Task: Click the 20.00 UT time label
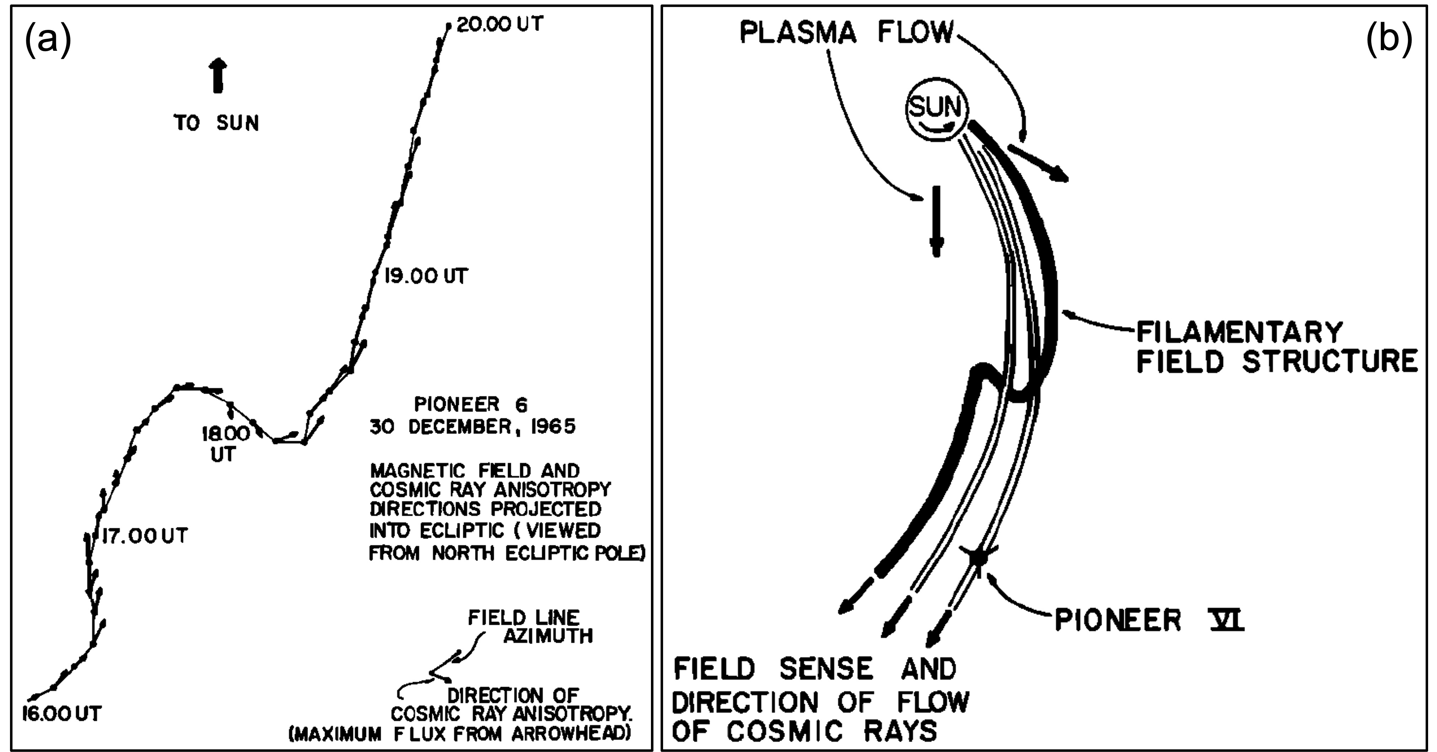tap(499, 24)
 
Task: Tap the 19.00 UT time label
tap(426, 276)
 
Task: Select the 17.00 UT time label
tap(144, 536)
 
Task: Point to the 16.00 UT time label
tap(62, 714)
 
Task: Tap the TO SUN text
tap(217, 123)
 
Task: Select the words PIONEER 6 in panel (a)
tap(470, 404)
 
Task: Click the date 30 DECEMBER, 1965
tap(472, 427)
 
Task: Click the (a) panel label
tap(48, 41)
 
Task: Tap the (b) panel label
tap(1389, 41)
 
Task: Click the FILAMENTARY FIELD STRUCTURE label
tap(1276, 347)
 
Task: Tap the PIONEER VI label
tap(1149, 620)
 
